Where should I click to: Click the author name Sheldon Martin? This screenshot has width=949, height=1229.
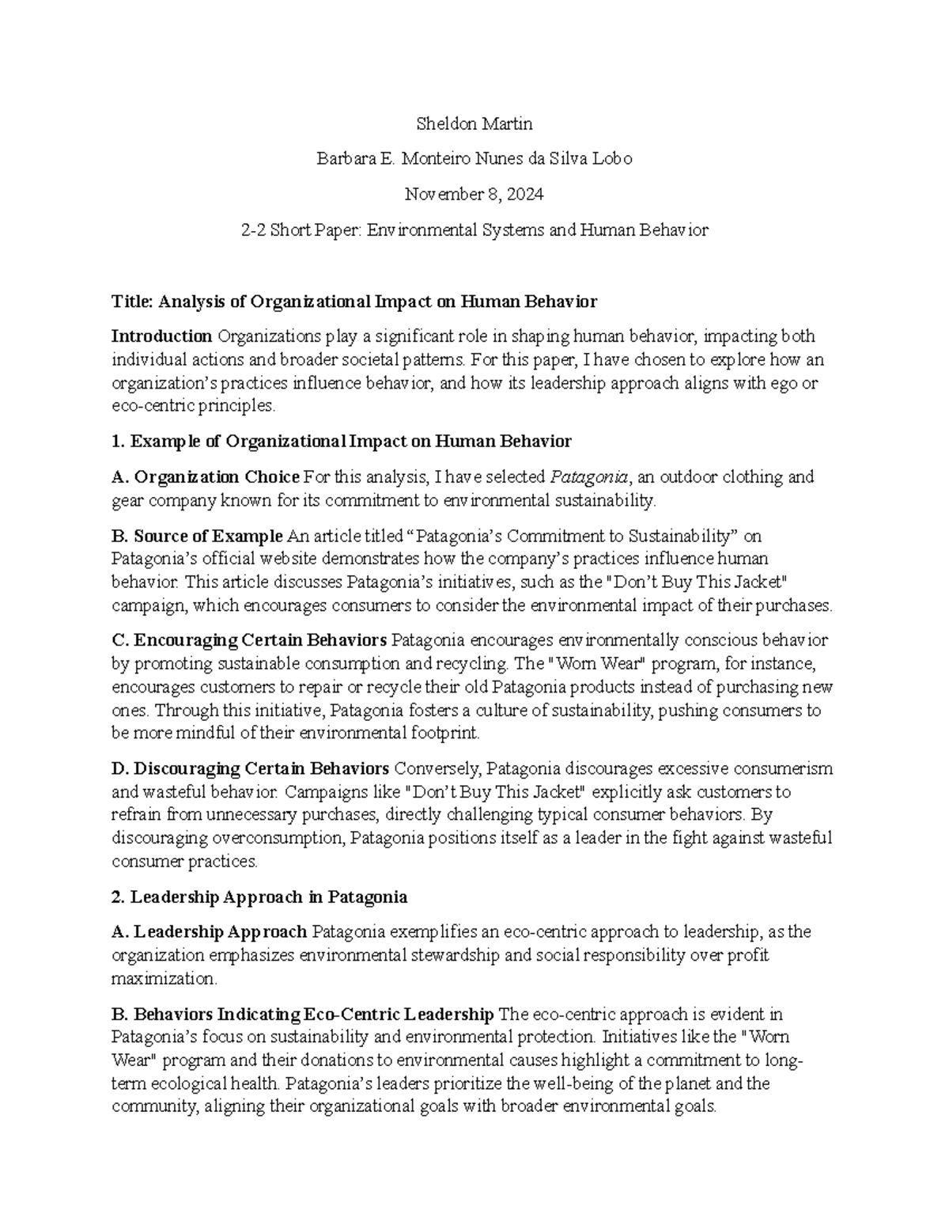474,124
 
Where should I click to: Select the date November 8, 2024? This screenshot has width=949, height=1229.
474,195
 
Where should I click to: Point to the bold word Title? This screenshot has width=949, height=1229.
134,302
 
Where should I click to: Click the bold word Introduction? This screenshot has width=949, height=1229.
162,337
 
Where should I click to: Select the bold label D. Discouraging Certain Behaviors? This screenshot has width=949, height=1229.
251,769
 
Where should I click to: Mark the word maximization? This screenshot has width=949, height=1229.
163,979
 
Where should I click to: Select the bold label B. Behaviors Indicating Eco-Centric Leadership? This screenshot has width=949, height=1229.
303,1015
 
